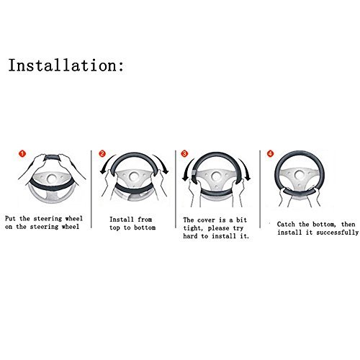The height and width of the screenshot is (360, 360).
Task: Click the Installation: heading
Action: click(x=66, y=65)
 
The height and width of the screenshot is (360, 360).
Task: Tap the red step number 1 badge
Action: click(x=22, y=153)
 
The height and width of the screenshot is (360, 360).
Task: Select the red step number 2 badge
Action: click(x=102, y=153)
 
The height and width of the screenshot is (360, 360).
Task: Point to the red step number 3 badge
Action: click(x=184, y=153)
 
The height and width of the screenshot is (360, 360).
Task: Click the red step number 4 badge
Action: click(x=271, y=153)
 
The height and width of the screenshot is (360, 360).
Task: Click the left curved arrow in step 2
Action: click(x=107, y=161)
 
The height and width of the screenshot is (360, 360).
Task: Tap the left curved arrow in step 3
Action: click(x=186, y=168)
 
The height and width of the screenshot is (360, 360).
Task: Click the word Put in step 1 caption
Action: click(x=10, y=219)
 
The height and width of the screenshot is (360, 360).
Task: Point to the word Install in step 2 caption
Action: click(x=121, y=220)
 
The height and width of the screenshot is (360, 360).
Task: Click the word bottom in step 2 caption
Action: click(x=145, y=228)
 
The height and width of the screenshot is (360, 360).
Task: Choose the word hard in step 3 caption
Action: click(x=190, y=236)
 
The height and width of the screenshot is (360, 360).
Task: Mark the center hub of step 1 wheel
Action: click(x=51, y=179)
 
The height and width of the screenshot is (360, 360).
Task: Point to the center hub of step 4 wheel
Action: click(x=300, y=175)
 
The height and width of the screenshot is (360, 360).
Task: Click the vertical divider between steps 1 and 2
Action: click(x=91, y=189)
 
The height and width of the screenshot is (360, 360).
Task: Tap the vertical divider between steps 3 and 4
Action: click(x=260, y=189)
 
